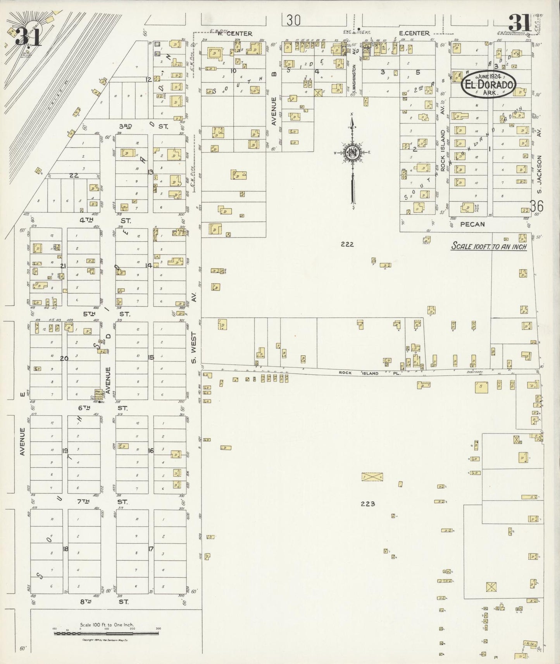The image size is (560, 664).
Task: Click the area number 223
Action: point(367,504)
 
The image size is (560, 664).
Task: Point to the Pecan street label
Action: point(473,224)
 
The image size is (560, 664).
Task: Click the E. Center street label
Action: point(415,33)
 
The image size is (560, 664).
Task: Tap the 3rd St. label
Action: point(141,126)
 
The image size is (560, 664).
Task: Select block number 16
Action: point(150,451)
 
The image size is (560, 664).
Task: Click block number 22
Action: point(74,175)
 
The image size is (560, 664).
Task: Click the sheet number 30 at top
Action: point(293,20)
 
